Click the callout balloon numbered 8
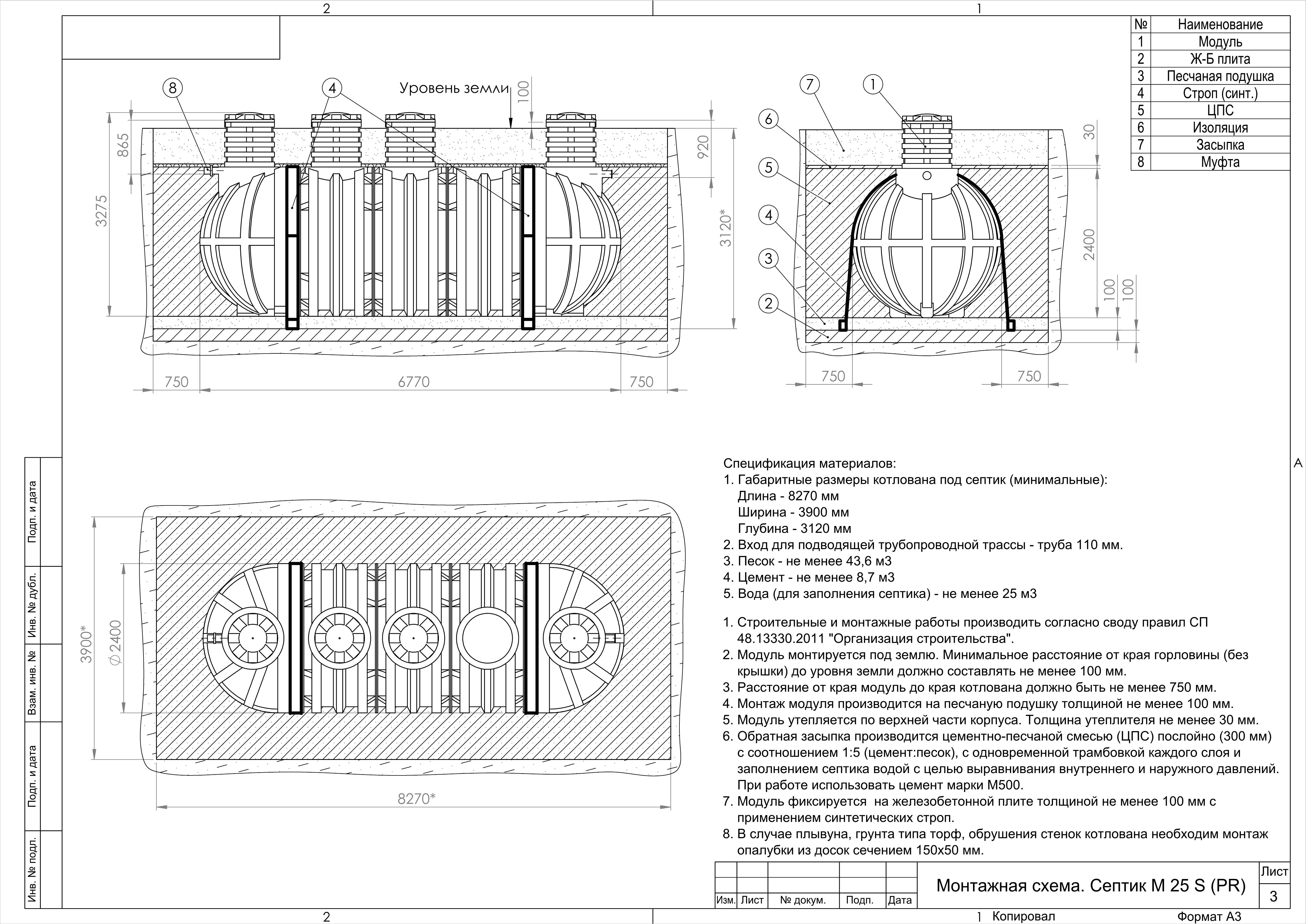pos(173,88)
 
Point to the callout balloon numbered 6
pos(768,119)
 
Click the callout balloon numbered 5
pos(768,167)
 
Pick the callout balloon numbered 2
pos(768,303)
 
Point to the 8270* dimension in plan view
pos(416,799)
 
